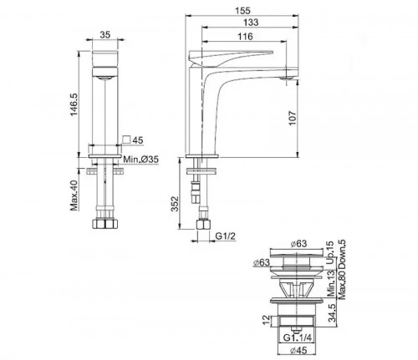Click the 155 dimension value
click(242, 11)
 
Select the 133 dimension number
click(251, 23)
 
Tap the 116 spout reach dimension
click(245, 37)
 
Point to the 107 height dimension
click(292, 118)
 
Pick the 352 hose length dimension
click(175, 204)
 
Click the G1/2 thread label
click(226, 236)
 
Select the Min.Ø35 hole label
click(141, 160)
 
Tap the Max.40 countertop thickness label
click(74, 195)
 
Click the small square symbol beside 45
click(126, 139)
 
